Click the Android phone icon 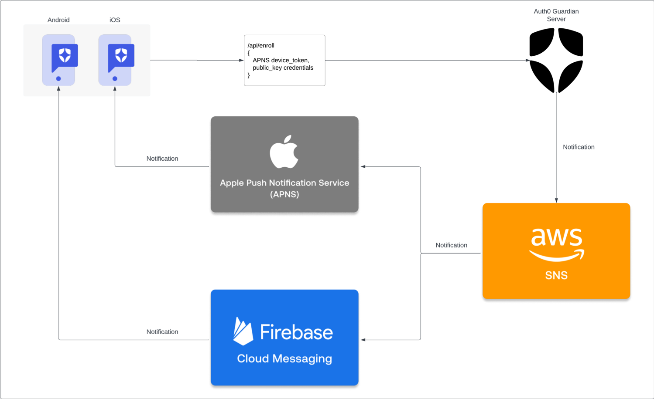[58, 60]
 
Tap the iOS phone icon [115, 60]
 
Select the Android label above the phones [58, 20]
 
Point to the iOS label [115, 20]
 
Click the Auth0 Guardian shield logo [556, 60]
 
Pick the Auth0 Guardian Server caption [556, 15]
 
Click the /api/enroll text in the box [261, 45]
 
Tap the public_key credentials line [283, 68]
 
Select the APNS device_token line [281, 60]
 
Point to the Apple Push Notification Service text [284, 183]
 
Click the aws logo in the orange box [557, 244]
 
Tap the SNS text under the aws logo [556, 275]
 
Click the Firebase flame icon [243, 331]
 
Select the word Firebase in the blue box [297, 332]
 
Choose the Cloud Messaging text [284, 358]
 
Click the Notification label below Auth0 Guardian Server [579, 147]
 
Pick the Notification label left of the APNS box [162, 159]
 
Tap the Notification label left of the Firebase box [162, 332]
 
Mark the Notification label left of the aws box [451, 245]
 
